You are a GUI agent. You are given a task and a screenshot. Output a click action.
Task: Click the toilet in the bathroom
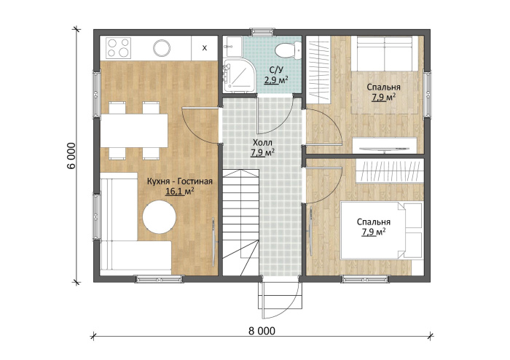click(x=289, y=51)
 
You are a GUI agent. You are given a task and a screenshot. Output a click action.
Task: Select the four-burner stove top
click(x=118, y=48)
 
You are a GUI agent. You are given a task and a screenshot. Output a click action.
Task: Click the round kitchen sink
click(x=162, y=48)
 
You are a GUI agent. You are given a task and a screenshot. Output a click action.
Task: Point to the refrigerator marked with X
click(x=204, y=48)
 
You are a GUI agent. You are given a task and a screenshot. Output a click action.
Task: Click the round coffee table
click(x=160, y=216)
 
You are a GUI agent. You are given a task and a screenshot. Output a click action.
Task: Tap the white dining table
click(x=134, y=130)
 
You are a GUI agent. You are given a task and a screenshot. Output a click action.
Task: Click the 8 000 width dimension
click(x=262, y=331)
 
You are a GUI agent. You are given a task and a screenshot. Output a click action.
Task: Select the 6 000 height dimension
click(x=71, y=155)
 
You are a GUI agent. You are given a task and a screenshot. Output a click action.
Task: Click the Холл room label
click(x=262, y=142)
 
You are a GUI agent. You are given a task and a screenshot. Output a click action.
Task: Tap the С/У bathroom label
click(x=276, y=69)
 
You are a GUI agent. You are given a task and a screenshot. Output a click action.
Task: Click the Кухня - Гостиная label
click(x=179, y=181)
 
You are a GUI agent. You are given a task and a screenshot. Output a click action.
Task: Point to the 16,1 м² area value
click(x=180, y=192)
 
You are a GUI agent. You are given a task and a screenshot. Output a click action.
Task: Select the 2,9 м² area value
click(x=276, y=80)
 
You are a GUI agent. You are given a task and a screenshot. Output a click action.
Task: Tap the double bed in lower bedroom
click(x=381, y=230)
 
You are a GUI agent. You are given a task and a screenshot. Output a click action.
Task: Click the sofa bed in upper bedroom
click(x=385, y=53)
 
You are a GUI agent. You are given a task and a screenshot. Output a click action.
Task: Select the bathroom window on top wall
click(x=262, y=31)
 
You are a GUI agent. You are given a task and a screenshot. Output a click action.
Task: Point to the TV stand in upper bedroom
click(x=385, y=145)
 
